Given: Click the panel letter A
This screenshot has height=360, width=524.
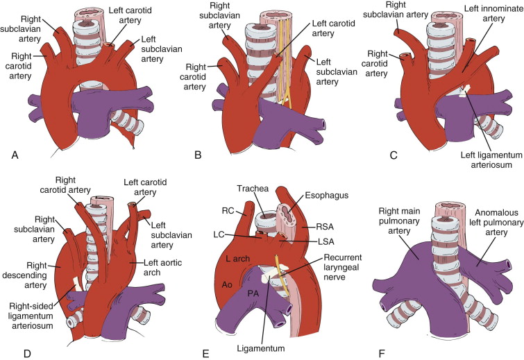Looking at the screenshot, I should (15, 155).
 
